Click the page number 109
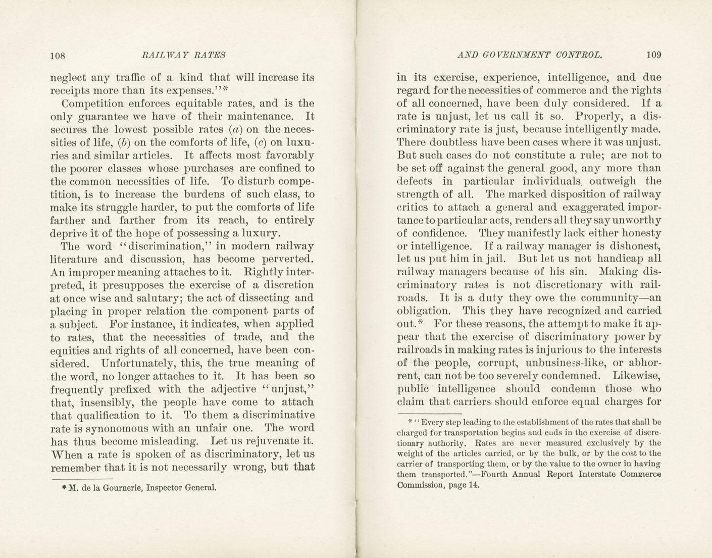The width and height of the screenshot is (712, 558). click(x=653, y=55)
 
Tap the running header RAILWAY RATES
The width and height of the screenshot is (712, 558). click(x=184, y=55)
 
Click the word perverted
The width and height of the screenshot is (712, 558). click(x=289, y=259)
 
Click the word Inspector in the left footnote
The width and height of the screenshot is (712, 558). click(x=168, y=488)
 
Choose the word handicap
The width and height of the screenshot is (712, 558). click(x=617, y=259)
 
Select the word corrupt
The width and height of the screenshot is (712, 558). click(x=496, y=363)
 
